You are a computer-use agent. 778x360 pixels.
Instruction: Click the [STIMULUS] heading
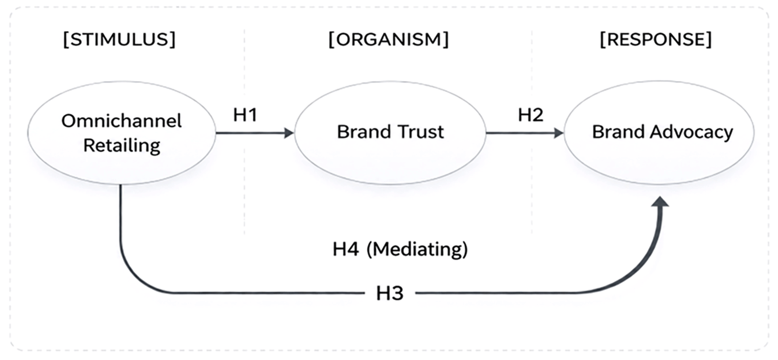[x=120, y=39]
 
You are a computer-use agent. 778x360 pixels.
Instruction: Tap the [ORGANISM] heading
[x=389, y=39]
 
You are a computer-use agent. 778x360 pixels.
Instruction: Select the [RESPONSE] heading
[x=656, y=39]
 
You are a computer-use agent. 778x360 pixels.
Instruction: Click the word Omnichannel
[x=121, y=121]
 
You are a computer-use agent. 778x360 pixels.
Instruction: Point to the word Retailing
[x=121, y=145]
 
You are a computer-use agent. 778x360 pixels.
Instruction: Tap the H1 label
[x=245, y=115]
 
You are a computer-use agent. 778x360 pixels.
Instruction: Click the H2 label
[x=530, y=115]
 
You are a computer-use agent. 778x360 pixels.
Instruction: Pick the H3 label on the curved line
[x=390, y=293]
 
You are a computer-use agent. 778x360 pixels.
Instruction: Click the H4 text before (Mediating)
[x=346, y=249]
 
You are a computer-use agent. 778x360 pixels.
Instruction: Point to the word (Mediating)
[x=417, y=250]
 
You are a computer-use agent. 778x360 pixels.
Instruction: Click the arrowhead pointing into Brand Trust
[x=289, y=133]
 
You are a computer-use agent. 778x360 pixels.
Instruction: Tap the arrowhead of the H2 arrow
[x=558, y=133]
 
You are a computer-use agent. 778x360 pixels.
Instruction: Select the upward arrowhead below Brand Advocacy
[x=660, y=202]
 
